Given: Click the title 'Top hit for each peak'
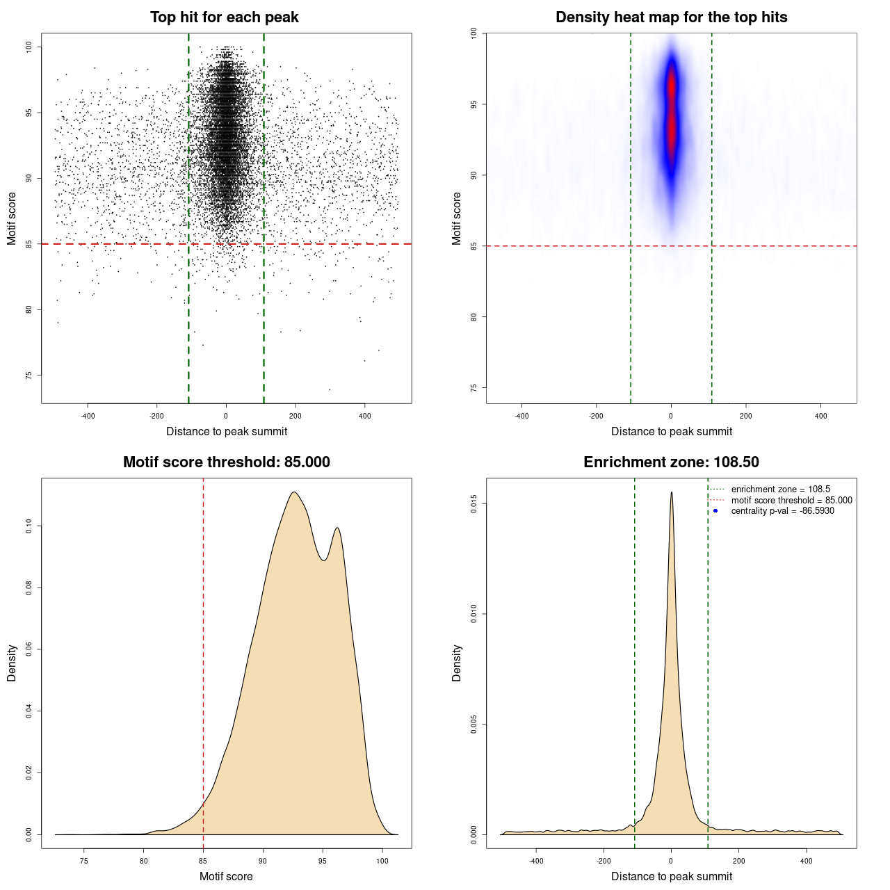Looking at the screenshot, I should pyautogui.click(x=224, y=17).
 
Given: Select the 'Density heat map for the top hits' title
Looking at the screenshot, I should pyautogui.click(x=671, y=17).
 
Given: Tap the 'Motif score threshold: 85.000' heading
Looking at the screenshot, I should pyautogui.click(x=226, y=462).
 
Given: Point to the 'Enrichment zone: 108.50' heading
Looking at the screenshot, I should pyautogui.click(x=671, y=462).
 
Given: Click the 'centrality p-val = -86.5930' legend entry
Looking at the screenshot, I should pyautogui.click(x=782, y=511).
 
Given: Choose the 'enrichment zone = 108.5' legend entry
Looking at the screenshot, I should pyautogui.click(x=780, y=489).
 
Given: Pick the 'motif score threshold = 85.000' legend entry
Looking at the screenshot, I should pyautogui.click(x=791, y=501).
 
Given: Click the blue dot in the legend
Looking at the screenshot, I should pyautogui.click(x=715, y=511).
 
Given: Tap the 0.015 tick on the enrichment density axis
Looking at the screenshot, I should pyautogui.click(x=474, y=503).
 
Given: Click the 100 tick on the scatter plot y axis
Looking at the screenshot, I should pyautogui.click(x=29, y=47).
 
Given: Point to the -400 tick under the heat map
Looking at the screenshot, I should pyautogui.click(x=521, y=416).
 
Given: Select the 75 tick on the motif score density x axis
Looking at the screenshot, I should pyautogui.click(x=84, y=861).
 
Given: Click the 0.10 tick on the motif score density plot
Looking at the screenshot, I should pyautogui.click(x=29, y=526).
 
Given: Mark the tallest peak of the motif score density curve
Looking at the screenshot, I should pyautogui.click(x=294, y=492).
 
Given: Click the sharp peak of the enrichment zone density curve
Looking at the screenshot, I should pyautogui.click(x=671, y=492).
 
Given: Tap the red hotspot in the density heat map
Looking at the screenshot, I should pyautogui.click(x=671, y=111).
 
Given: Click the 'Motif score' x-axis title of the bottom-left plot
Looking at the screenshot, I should pyautogui.click(x=226, y=876).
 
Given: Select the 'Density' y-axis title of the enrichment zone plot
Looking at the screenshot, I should pyautogui.click(x=457, y=663).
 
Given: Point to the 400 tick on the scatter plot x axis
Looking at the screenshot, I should pyautogui.click(x=364, y=416).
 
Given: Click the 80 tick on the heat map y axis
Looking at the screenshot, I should pyautogui.click(x=474, y=317).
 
